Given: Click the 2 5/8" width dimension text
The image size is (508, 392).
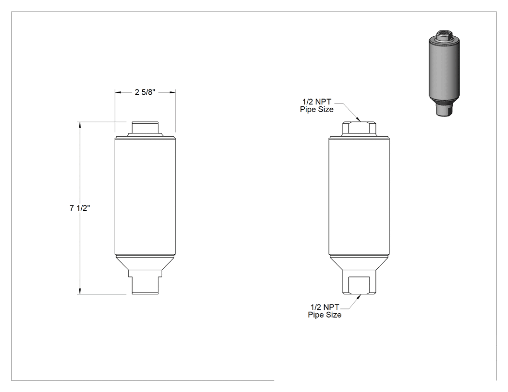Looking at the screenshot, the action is [x=145, y=92].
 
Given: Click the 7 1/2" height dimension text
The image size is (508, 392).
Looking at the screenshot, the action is [x=80, y=208].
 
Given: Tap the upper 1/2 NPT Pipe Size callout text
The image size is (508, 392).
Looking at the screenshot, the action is [x=316, y=105].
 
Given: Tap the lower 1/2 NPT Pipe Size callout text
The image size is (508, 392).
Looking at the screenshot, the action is [x=325, y=311].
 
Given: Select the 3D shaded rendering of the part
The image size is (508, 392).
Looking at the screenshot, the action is [x=444, y=73].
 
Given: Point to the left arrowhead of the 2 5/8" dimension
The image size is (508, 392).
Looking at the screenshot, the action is [x=119, y=92].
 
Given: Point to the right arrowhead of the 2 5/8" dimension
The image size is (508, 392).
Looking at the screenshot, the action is [x=172, y=92].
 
